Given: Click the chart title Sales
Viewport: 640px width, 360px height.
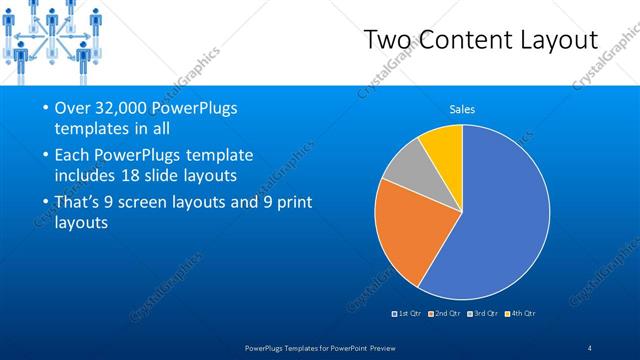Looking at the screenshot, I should [462, 109].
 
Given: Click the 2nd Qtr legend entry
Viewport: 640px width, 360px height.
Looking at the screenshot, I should [445, 314].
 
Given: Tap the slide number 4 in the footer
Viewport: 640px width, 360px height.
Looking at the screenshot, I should [589, 346].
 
